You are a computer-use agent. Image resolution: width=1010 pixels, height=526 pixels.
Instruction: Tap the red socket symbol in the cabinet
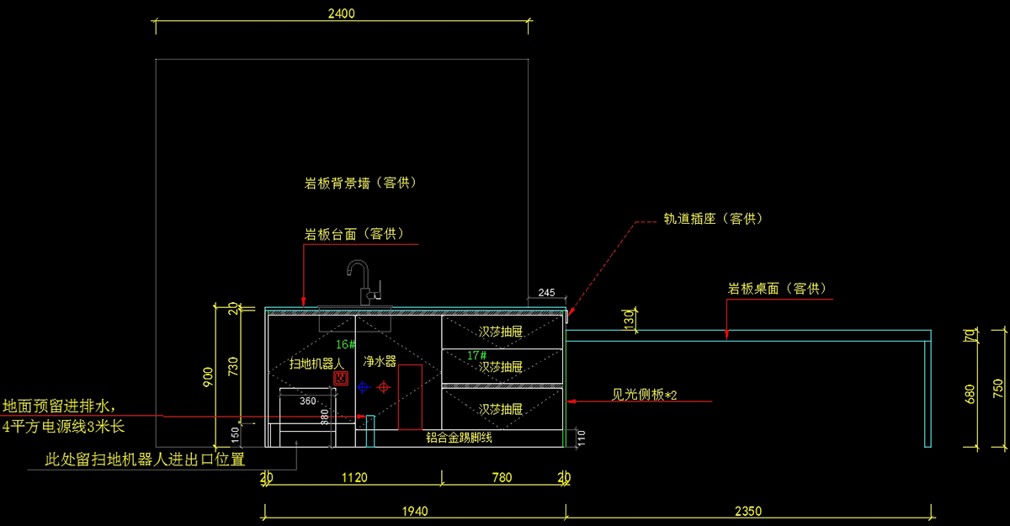pyautogui.click(x=341, y=379)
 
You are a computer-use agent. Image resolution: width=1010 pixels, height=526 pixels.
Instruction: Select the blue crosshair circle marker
pyautogui.click(x=363, y=387)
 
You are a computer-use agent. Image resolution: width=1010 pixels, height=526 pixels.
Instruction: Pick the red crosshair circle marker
pyautogui.click(x=384, y=387)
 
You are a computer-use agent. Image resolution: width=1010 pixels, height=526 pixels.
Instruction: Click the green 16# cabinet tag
pyautogui.click(x=346, y=344)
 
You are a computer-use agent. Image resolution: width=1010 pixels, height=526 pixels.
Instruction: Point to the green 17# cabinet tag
pyautogui.click(x=477, y=356)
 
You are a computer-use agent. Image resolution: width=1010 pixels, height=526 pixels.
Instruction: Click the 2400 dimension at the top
pyautogui.click(x=343, y=13)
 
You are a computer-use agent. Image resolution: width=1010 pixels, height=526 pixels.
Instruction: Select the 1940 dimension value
pyautogui.click(x=415, y=510)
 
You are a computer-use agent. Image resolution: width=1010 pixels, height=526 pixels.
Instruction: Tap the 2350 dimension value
pyautogui.click(x=747, y=510)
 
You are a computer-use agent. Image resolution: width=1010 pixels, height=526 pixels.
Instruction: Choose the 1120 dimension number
pyautogui.click(x=353, y=478)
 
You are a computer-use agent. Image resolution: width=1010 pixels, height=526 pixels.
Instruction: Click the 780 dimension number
pyautogui.click(x=502, y=478)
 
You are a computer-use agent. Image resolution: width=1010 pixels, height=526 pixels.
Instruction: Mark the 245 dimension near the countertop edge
pyautogui.click(x=546, y=293)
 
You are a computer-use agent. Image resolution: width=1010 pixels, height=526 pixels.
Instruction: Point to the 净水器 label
pyautogui.click(x=380, y=362)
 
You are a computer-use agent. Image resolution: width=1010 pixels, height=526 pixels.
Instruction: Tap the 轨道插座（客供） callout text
pyautogui.click(x=712, y=219)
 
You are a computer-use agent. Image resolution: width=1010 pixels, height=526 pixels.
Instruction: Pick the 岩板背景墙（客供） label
pyautogui.click(x=360, y=183)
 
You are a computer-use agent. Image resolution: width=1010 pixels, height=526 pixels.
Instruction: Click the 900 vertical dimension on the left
pyautogui.click(x=209, y=375)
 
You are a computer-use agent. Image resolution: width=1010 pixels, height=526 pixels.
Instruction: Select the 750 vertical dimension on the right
pyautogui.click(x=998, y=387)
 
